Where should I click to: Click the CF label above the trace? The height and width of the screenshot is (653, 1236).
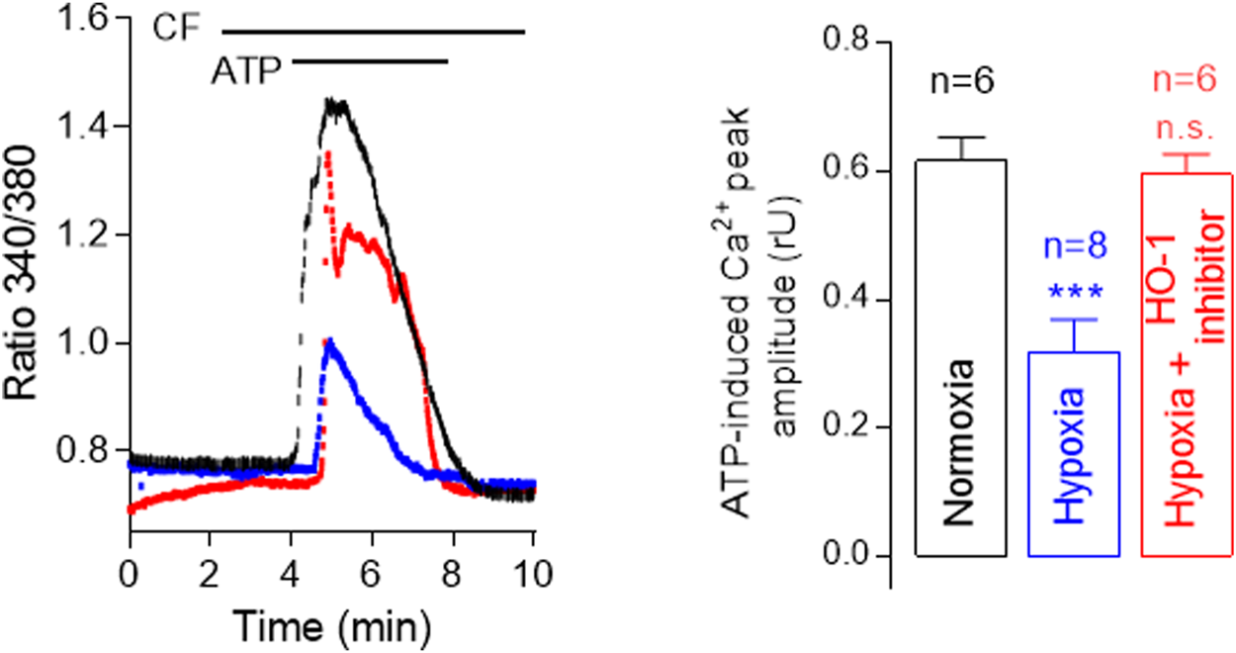coord(176,29)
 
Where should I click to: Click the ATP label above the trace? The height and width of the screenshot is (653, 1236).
coord(245,71)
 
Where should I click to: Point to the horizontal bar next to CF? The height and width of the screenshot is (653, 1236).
coord(373,32)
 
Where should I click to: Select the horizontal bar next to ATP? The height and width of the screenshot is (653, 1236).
coord(371,62)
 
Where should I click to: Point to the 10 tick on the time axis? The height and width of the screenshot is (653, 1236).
coord(533,573)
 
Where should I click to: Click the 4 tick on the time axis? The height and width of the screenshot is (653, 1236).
coord(291,573)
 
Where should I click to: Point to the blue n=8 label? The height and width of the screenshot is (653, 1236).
coord(1074,253)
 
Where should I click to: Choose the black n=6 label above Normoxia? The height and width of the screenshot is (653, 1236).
coord(961,85)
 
